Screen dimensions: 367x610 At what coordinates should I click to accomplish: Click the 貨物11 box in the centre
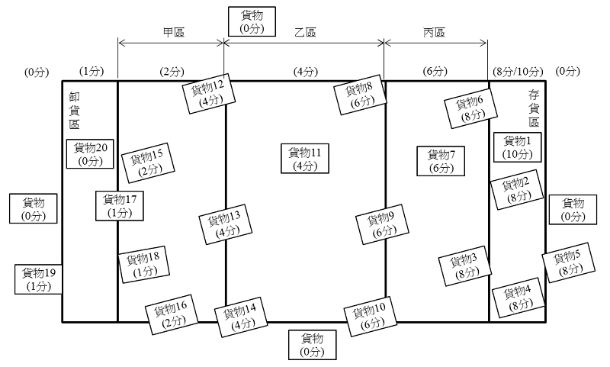click(x=304, y=159)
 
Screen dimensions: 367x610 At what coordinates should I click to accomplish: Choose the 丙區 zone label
click(x=434, y=33)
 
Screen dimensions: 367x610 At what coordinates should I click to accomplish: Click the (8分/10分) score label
click(x=518, y=72)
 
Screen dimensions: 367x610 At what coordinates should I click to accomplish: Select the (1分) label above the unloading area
click(x=91, y=72)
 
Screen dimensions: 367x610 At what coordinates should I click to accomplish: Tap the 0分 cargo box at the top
click(x=251, y=21)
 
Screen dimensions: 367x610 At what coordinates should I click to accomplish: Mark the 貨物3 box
click(x=463, y=265)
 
